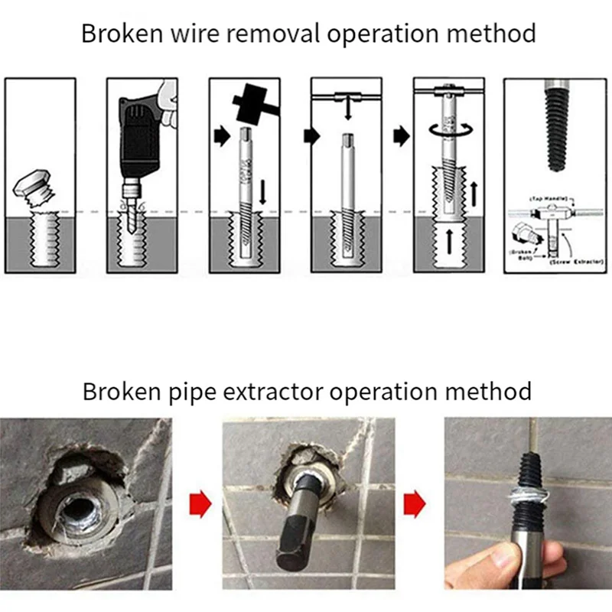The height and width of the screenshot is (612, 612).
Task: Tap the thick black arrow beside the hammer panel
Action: pos(221,137)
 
